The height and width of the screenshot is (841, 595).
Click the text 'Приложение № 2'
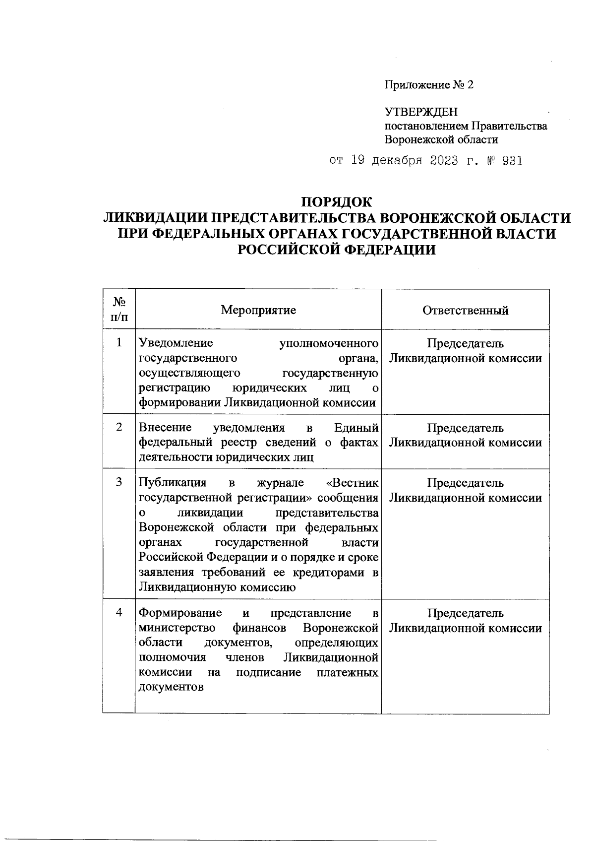click(x=429, y=85)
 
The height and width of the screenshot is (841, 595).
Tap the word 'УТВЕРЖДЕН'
click(x=421, y=113)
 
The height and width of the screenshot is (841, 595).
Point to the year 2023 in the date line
click(x=440, y=161)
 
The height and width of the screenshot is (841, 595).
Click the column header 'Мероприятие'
click(x=258, y=311)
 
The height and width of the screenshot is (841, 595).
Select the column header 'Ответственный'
click(x=465, y=311)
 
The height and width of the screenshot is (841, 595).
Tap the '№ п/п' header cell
click(x=119, y=310)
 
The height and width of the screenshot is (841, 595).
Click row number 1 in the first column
click(x=119, y=343)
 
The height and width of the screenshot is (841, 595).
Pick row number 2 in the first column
click(x=119, y=427)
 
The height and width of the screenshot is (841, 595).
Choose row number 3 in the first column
click(x=119, y=482)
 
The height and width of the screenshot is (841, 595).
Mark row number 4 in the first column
click(x=119, y=613)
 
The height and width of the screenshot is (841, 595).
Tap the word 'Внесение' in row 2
click(x=165, y=428)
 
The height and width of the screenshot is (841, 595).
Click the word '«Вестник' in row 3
click(x=353, y=483)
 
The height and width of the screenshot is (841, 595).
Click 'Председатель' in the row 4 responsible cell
click(x=465, y=613)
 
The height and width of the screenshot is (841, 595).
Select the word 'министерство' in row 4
click(x=177, y=628)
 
